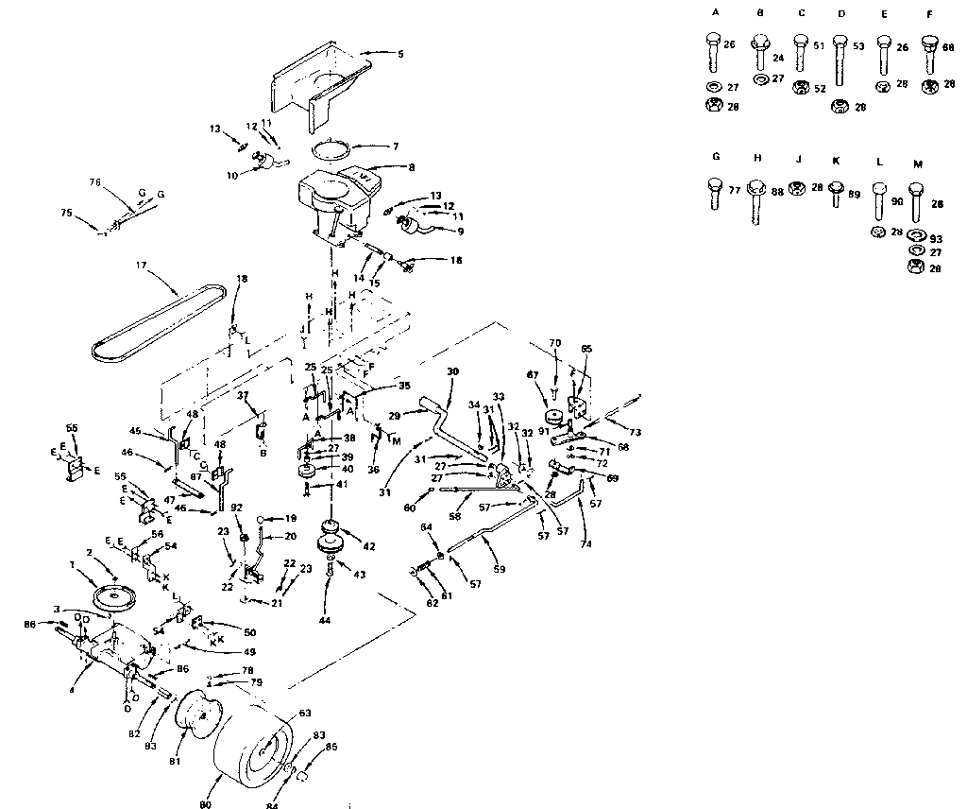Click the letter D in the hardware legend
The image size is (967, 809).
842,14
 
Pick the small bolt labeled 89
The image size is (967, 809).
836,196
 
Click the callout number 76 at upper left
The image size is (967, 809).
94,181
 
